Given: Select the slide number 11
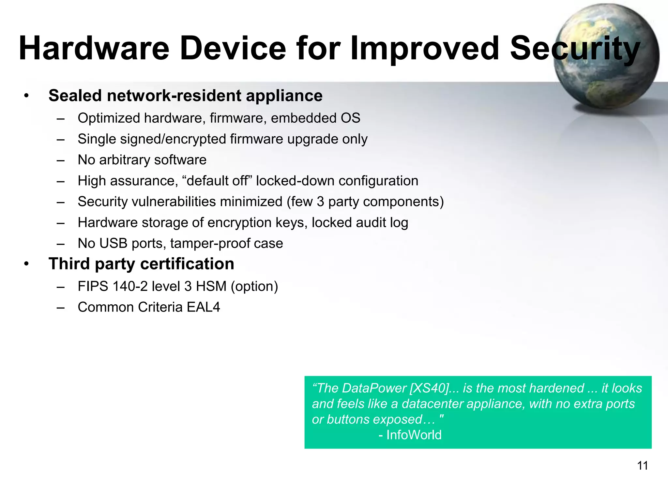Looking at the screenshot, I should coord(642,465).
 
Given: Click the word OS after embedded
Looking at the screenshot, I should coord(351,118).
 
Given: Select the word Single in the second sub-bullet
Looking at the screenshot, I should coord(97,139).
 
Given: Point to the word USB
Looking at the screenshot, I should coord(113,243).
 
